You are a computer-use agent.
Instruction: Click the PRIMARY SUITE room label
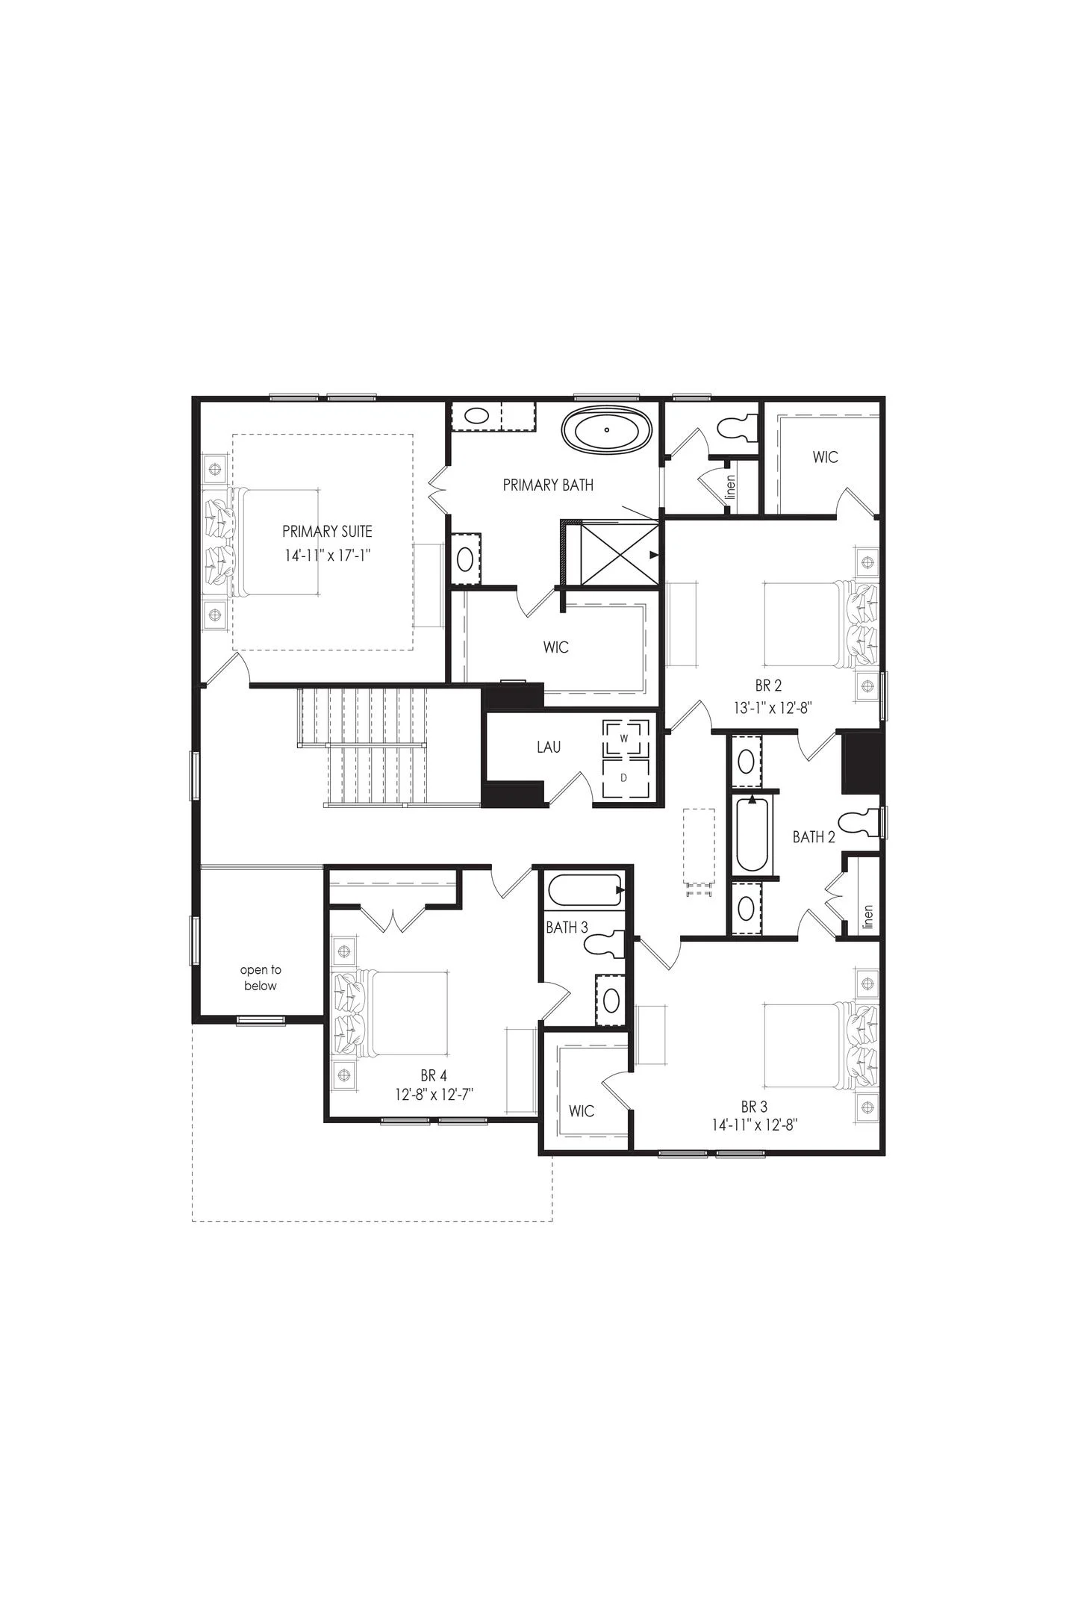pyautogui.click(x=327, y=532)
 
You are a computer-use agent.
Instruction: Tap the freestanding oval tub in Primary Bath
pyautogui.click(x=607, y=430)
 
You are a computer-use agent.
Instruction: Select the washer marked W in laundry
pyautogui.click(x=623, y=738)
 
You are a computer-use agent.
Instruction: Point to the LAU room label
pyautogui.click(x=549, y=747)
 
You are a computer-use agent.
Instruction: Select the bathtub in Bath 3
pyautogui.click(x=585, y=891)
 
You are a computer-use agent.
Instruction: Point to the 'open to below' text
pyautogui.click(x=260, y=978)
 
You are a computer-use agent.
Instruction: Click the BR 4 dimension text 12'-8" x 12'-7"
pyautogui.click(x=434, y=1094)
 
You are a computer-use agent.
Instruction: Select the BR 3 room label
pyautogui.click(x=754, y=1107)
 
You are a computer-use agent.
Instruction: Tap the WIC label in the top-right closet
pyautogui.click(x=826, y=457)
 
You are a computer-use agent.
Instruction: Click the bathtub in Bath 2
pyautogui.click(x=752, y=835)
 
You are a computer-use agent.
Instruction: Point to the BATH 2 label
pyautogui.click(x=814, y=837)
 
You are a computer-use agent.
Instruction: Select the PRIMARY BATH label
pyautogui.click(x=548, y=485)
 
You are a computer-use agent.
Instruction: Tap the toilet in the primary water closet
pyautogui.click(x=736, y=428)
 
